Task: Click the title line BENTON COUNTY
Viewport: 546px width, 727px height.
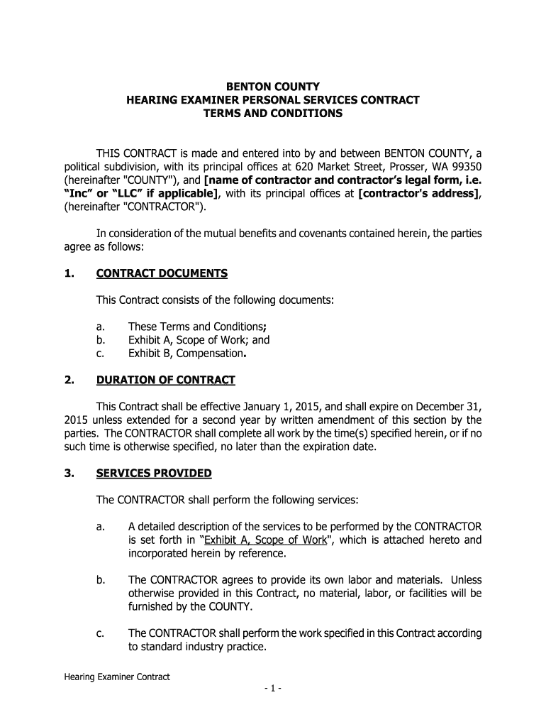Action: click(273, 87)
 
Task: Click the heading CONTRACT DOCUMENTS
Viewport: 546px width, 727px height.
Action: click(162, 273)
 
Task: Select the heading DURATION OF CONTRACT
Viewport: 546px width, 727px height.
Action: click(165, 380)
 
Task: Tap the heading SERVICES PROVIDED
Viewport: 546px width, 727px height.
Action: click(154, 473)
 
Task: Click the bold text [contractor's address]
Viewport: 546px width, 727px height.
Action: click(418, 194)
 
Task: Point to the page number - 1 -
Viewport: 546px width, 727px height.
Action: click(272, 688)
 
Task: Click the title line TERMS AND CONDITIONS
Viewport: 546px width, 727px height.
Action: click(273, 114)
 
